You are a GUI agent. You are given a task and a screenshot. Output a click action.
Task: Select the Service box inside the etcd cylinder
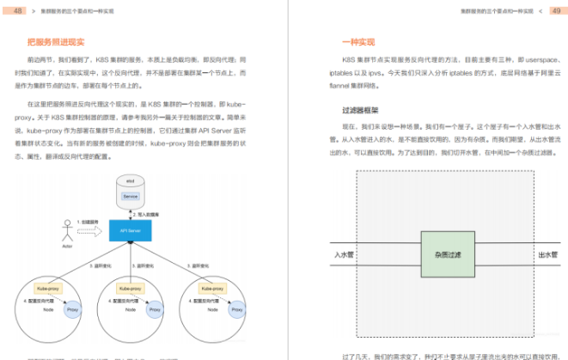pos(131,196)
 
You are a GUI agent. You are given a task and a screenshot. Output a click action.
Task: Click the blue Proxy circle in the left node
pos(73,309)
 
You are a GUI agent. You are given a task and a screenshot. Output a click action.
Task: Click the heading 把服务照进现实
pos(56,40)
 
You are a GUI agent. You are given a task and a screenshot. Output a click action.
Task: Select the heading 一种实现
pos(358,40)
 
